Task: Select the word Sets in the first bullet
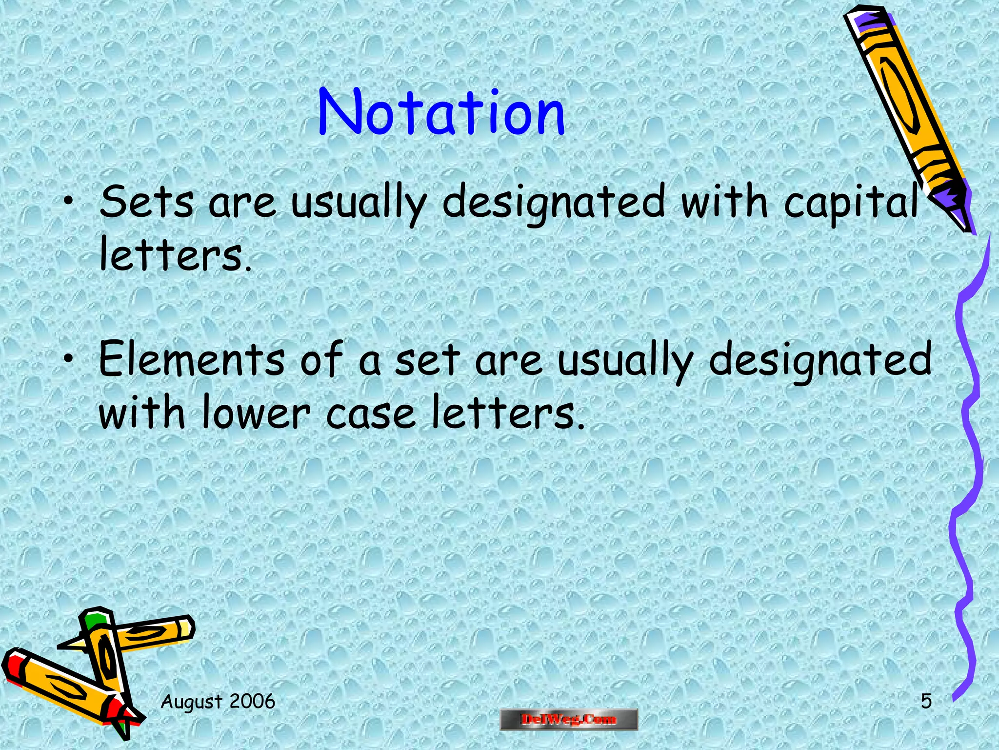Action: pos(146,202)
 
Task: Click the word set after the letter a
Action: pos(427,360)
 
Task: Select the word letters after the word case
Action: pos(507,413)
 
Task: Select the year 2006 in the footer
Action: pos(252,702)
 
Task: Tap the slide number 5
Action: pos(926,702)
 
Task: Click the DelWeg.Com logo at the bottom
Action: pos(569,719)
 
